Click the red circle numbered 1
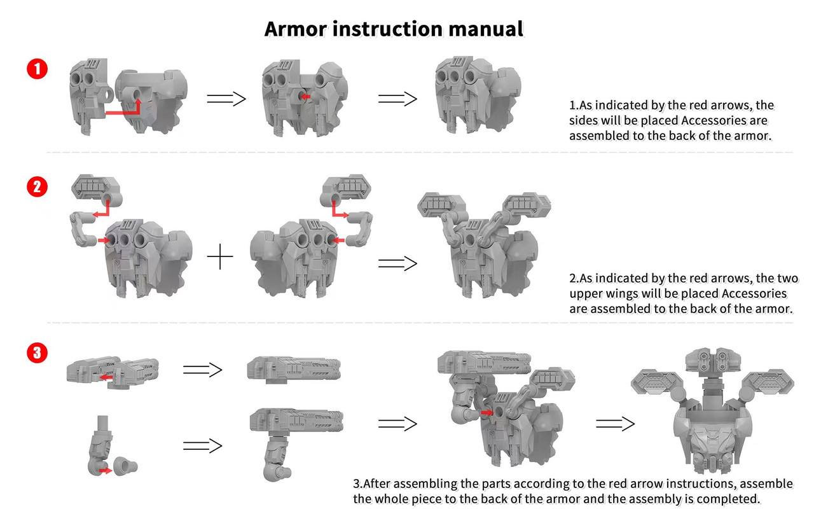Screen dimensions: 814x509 tap(37, 69)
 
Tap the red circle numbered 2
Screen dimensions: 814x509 tap(37, 187)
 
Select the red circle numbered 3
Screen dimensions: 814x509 tap(37, 352)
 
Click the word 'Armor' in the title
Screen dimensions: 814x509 tap(295, 29)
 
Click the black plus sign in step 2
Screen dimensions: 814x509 tap(220, 256)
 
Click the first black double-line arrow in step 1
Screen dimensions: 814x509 tap(226, 99)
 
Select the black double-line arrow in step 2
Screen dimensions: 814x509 tap(397, 263)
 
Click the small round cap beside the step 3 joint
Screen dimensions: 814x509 tap(125, 466)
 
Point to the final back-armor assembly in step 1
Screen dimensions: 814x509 tap(478, 95)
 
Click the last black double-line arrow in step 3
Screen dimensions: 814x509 tap(615, 424)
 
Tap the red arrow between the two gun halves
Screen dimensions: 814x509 tap(106, 377)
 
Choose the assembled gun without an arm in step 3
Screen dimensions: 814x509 tap(294, 370)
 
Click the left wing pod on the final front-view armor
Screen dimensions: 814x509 tap(656, 382)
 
